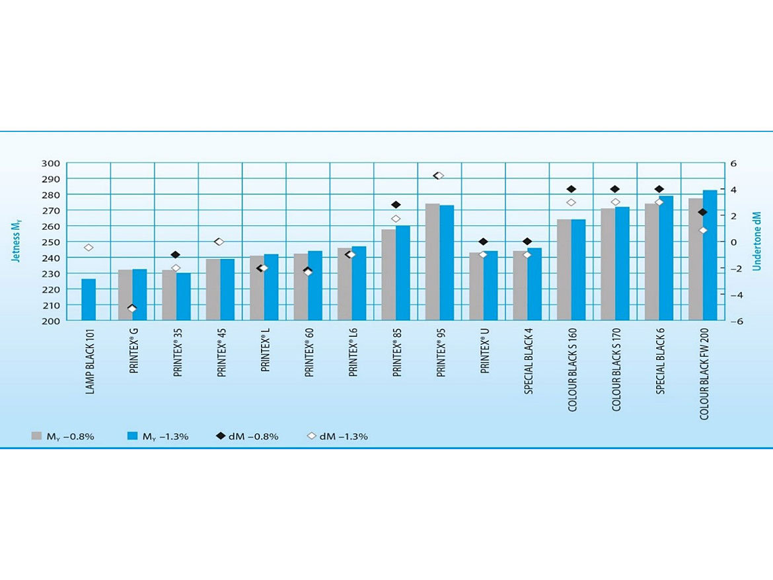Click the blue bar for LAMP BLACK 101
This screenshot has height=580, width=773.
[89, 300]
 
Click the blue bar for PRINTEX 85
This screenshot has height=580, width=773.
[403, 273]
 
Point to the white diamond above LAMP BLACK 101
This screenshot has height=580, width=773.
[89, 248]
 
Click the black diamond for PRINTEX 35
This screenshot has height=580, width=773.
[176, 255]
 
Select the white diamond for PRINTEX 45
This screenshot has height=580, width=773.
[219, 242]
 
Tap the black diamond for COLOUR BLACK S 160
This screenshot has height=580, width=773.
[571, 190]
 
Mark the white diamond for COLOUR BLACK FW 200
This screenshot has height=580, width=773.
[703, 231]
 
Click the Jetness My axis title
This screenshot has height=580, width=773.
[18, 242]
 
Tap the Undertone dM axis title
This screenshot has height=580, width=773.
[758, 242]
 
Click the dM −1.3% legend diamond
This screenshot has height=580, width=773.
[311, 436]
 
